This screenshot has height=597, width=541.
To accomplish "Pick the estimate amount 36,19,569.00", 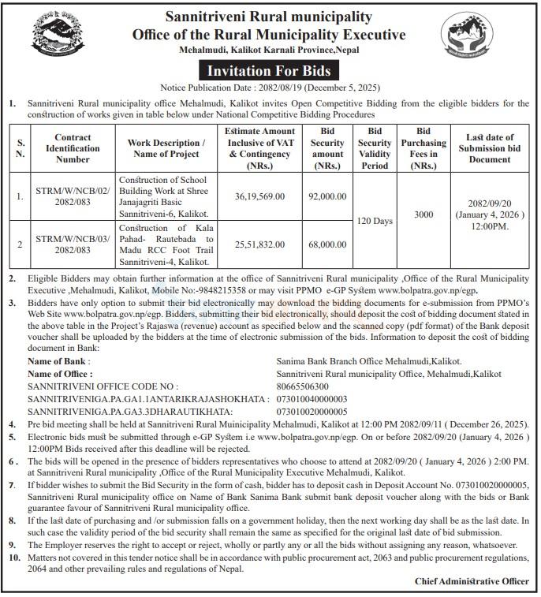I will point(259,196).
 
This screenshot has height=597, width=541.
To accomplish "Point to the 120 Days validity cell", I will point(375,221).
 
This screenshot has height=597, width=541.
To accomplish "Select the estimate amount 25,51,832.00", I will point(259,245).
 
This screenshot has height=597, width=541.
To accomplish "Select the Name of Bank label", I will point(59,361).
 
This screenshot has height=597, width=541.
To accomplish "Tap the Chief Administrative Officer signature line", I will point(472,581).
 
